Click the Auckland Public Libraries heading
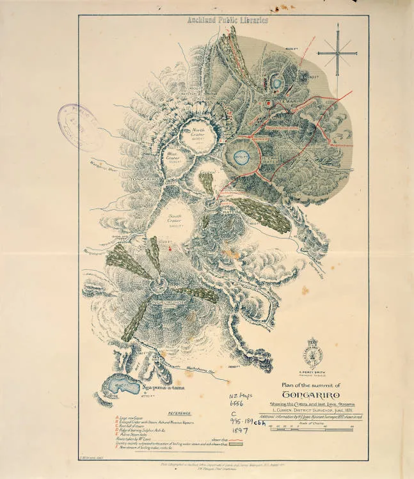pos(227,20)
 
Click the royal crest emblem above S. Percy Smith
pos(314,350)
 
